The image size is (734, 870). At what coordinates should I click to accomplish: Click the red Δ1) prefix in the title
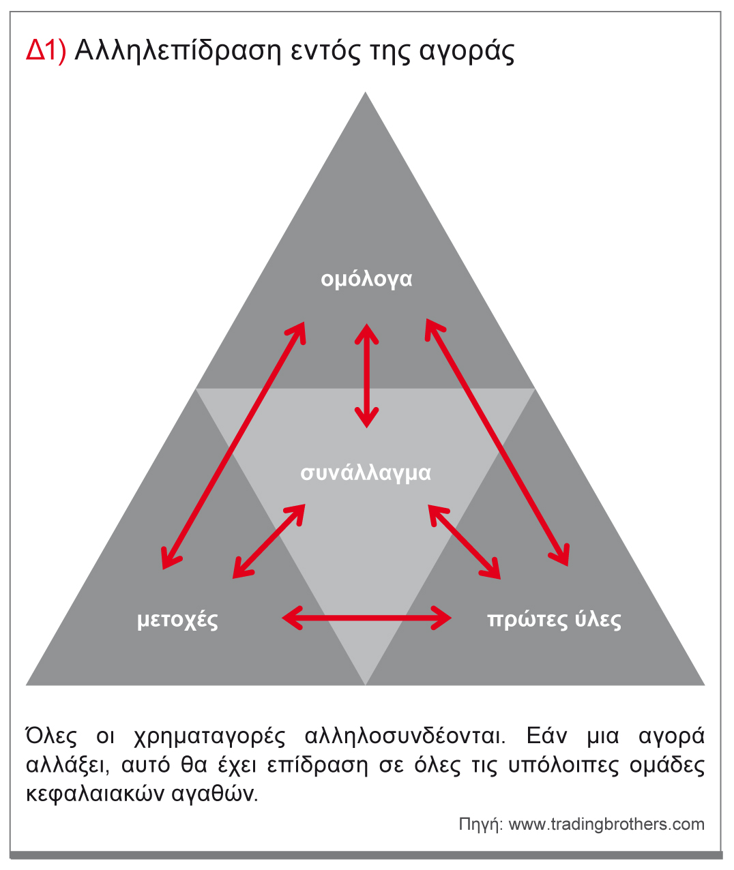pos(46,51)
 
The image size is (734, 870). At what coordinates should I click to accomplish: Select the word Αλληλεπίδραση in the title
pos(178,52)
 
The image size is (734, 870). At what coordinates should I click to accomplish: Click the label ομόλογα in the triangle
pos(366,280)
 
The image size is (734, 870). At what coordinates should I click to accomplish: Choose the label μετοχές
pos(177,620)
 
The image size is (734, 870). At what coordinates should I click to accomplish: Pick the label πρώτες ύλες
pos(554,620)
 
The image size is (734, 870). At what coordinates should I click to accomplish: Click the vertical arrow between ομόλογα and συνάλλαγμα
pos(366,376)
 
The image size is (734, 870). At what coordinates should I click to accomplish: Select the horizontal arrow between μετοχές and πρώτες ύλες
pos(367,618)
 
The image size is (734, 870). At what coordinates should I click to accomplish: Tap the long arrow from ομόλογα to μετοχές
pos(233,446)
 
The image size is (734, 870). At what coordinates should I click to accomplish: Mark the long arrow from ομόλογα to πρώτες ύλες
pos(497,442)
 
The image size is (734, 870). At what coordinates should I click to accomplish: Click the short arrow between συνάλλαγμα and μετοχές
pos(269,541)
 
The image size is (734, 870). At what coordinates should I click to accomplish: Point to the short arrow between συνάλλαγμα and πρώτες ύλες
pos(465,541)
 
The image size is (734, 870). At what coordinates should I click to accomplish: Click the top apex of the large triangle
pos(366,91)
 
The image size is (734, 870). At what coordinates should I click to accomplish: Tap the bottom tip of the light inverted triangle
pos(366,685)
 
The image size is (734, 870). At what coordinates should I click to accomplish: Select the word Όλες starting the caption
pos(51,736)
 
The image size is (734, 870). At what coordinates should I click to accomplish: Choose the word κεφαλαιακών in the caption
pos(96,794)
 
